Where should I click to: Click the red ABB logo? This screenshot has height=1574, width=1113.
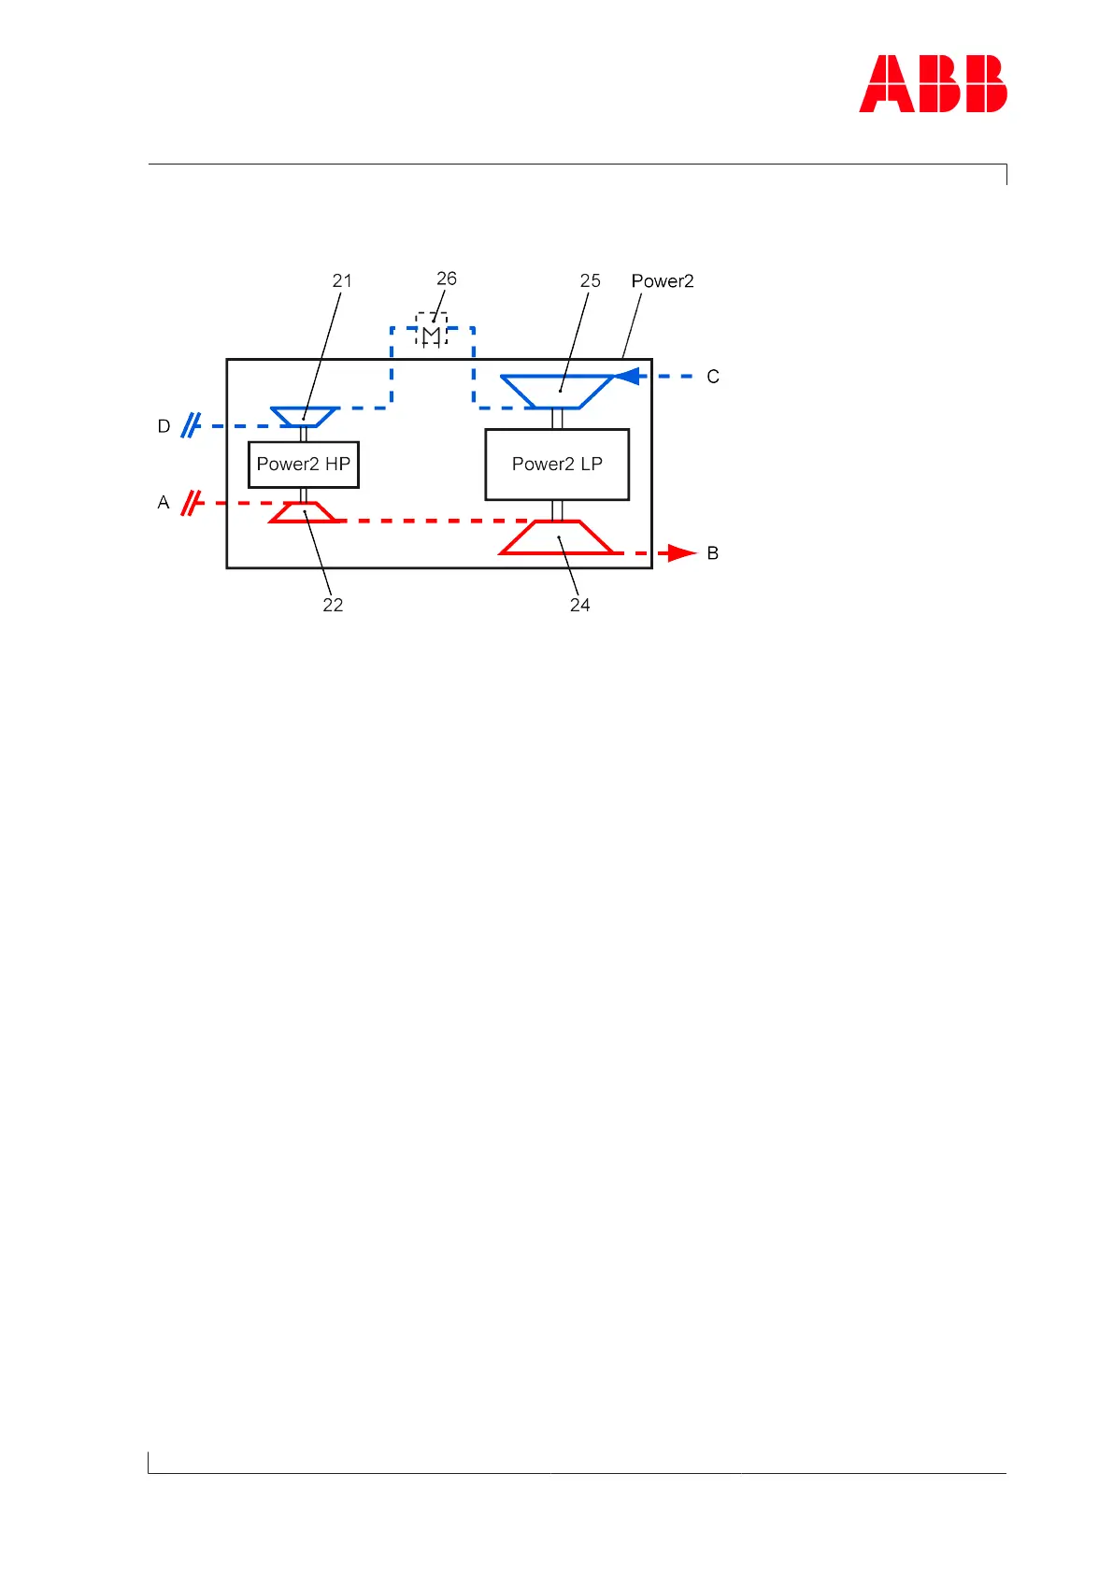click(x=933, y=84)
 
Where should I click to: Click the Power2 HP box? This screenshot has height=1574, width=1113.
click(x=304, y=465)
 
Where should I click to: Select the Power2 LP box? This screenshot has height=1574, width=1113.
click(x=557, y=465)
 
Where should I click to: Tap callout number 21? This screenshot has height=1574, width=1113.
click(x=342, y=280)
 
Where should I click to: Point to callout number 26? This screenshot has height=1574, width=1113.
click(x=447, y=279)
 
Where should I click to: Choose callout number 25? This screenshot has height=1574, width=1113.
click(x=590, y=280)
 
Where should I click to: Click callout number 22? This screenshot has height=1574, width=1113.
click(x=333, y=605)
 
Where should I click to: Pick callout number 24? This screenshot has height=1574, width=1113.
click(x=579, y=605)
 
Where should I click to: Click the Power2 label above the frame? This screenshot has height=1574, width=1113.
click(x=663, y=281)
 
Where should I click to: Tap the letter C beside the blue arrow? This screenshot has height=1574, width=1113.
click(x=713, y=377)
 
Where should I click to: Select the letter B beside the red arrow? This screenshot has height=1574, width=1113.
click(x=713, y=553)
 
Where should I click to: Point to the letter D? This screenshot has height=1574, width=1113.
click(x=164, y=426)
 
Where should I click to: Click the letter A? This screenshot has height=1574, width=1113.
click(x=164, y=503)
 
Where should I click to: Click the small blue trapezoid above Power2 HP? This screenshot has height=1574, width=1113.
click(x=304, y=417)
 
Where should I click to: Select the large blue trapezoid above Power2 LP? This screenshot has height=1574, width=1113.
click(x=557, y=392)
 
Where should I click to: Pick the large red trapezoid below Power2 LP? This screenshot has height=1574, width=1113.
click(x=557, y=537)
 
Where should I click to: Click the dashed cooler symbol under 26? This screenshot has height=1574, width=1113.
click(x=432, y=330)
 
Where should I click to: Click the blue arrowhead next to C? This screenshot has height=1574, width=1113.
click(x=626, y=377)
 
